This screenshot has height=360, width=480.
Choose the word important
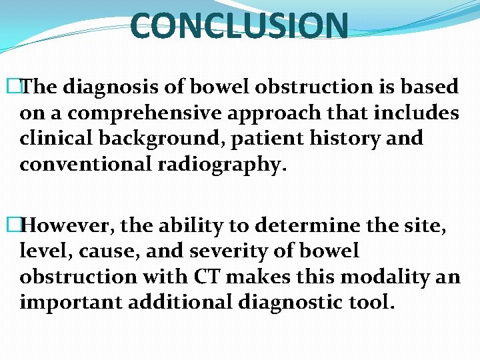tap(69, 303)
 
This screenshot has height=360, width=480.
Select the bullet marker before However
tap(24, 226)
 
